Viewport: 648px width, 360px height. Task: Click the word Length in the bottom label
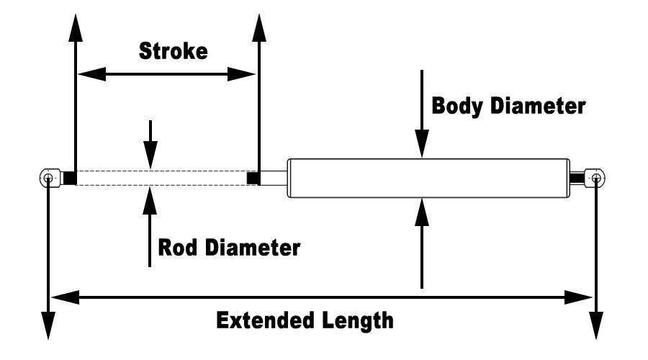361,319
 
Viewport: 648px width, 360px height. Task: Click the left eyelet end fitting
48,177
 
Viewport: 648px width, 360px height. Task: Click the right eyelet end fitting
595,177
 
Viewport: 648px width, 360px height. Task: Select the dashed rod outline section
162,177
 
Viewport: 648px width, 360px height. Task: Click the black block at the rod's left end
69,177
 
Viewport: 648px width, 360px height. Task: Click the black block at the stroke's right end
253,177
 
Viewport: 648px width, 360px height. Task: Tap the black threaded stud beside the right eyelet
577,177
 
